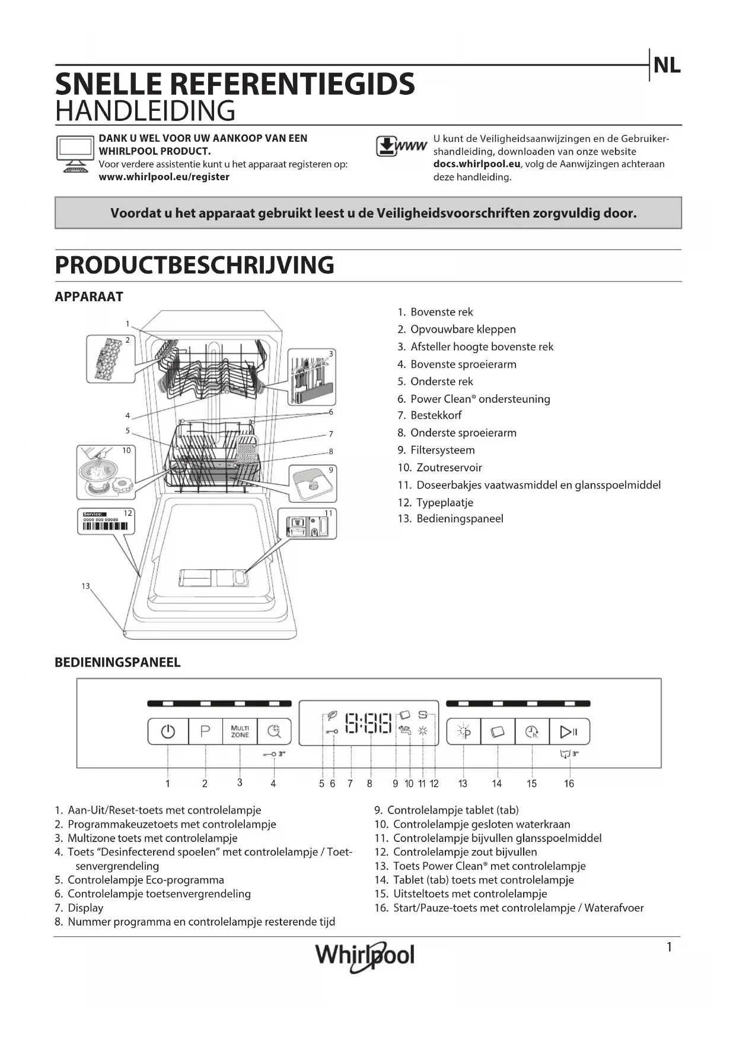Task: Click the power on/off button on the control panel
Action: click(x=168, y=732)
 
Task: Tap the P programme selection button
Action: click(x=205, y=732)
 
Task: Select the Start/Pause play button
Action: click(x=569, y=732)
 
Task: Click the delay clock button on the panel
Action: click(x=532, y=732)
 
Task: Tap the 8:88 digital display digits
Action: click(x=369, y=723)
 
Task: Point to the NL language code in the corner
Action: click(x=667, y=66)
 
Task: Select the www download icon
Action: click(x=401, y=146)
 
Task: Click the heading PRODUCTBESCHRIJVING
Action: click(x=195, y=265)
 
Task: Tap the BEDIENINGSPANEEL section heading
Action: click(x=117, y=662)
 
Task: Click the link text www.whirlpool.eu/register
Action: click(x=164, y=177)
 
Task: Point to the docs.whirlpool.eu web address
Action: click(x=477, y=164)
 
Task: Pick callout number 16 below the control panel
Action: click(x=569, y=784)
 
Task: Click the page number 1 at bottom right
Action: click(x=670, y=947)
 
